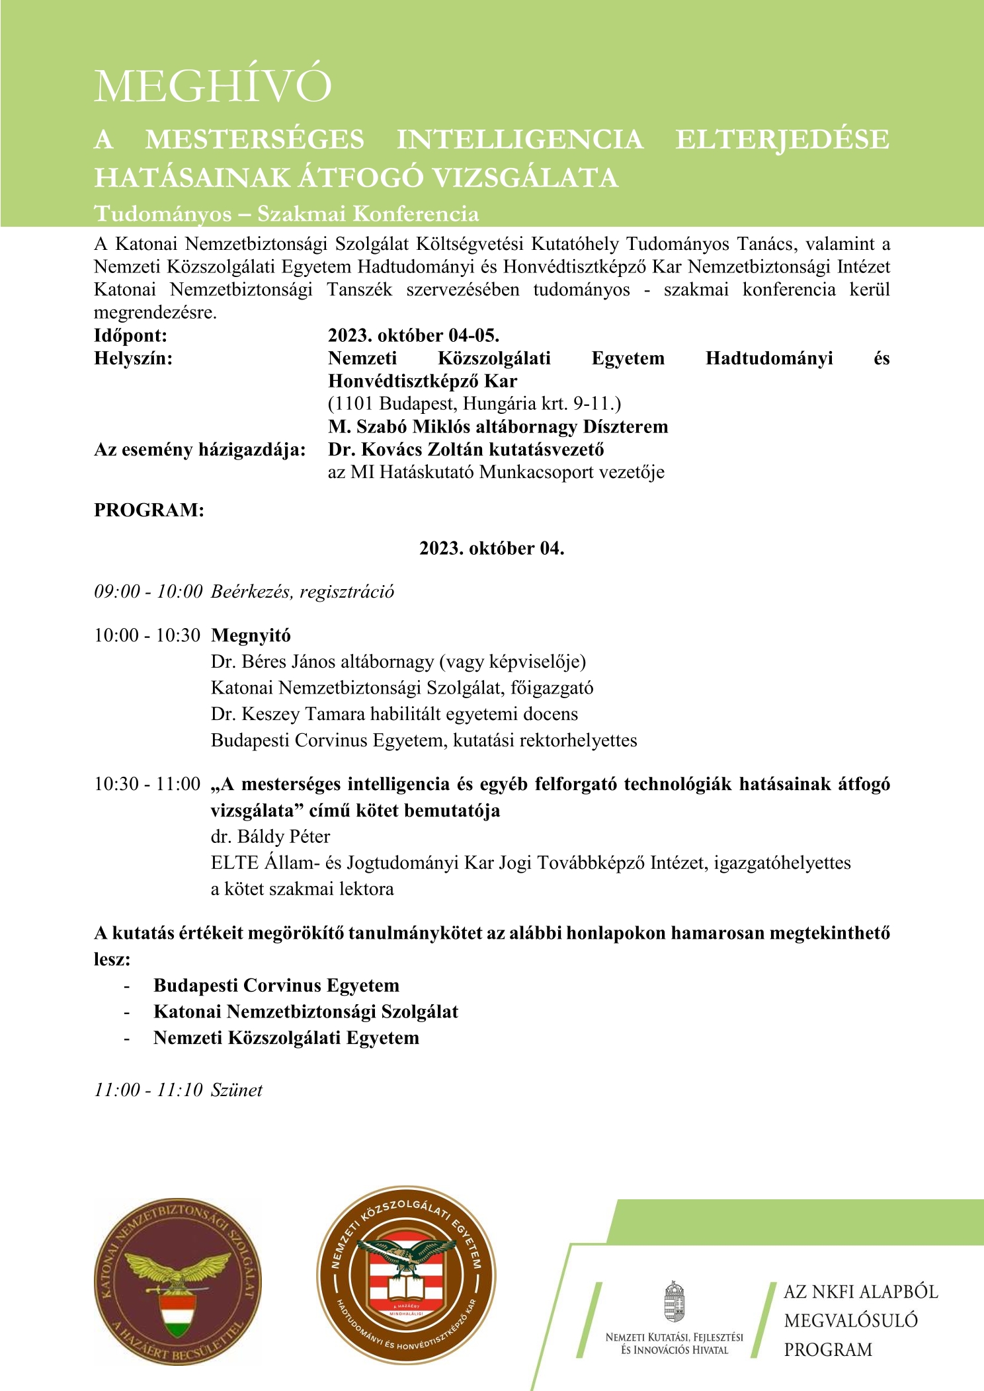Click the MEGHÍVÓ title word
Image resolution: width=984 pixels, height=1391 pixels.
point(212,85)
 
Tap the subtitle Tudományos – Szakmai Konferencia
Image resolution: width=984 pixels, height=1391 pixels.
point(286,214)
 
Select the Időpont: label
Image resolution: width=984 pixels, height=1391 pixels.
point(130,335)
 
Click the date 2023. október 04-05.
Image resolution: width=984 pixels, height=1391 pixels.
point(413,335)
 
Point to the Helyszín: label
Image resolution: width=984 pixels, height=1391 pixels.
point(133,358)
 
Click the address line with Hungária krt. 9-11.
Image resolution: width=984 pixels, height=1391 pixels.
point(474,403)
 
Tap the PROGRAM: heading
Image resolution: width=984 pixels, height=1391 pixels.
point(149,510)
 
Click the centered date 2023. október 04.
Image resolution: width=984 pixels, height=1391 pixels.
point(491,548)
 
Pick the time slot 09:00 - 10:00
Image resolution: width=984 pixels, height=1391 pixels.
point(148,592)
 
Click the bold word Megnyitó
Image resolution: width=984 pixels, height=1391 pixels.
point(251,635)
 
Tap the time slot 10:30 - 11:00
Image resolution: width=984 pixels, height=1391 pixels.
point(147,784)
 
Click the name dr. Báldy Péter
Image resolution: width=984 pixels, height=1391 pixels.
point(270,836)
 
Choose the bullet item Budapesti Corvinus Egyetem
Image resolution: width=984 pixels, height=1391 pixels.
point(276,985)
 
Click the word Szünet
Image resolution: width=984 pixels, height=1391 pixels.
point(237,1090)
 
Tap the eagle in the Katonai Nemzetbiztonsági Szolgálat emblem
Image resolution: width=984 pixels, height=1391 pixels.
point(177,1270)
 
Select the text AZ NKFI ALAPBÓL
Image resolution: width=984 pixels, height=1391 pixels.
point(860,1291)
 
